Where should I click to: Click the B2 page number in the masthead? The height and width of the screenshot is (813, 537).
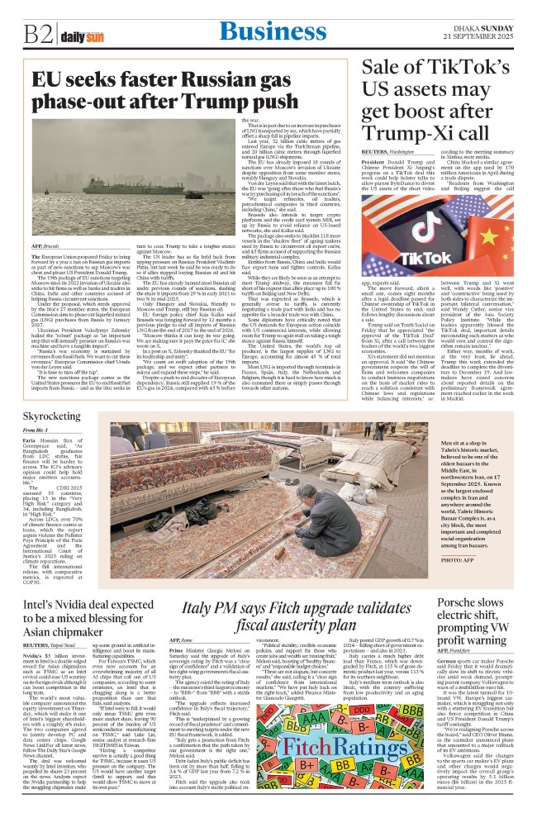point(36,35)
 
